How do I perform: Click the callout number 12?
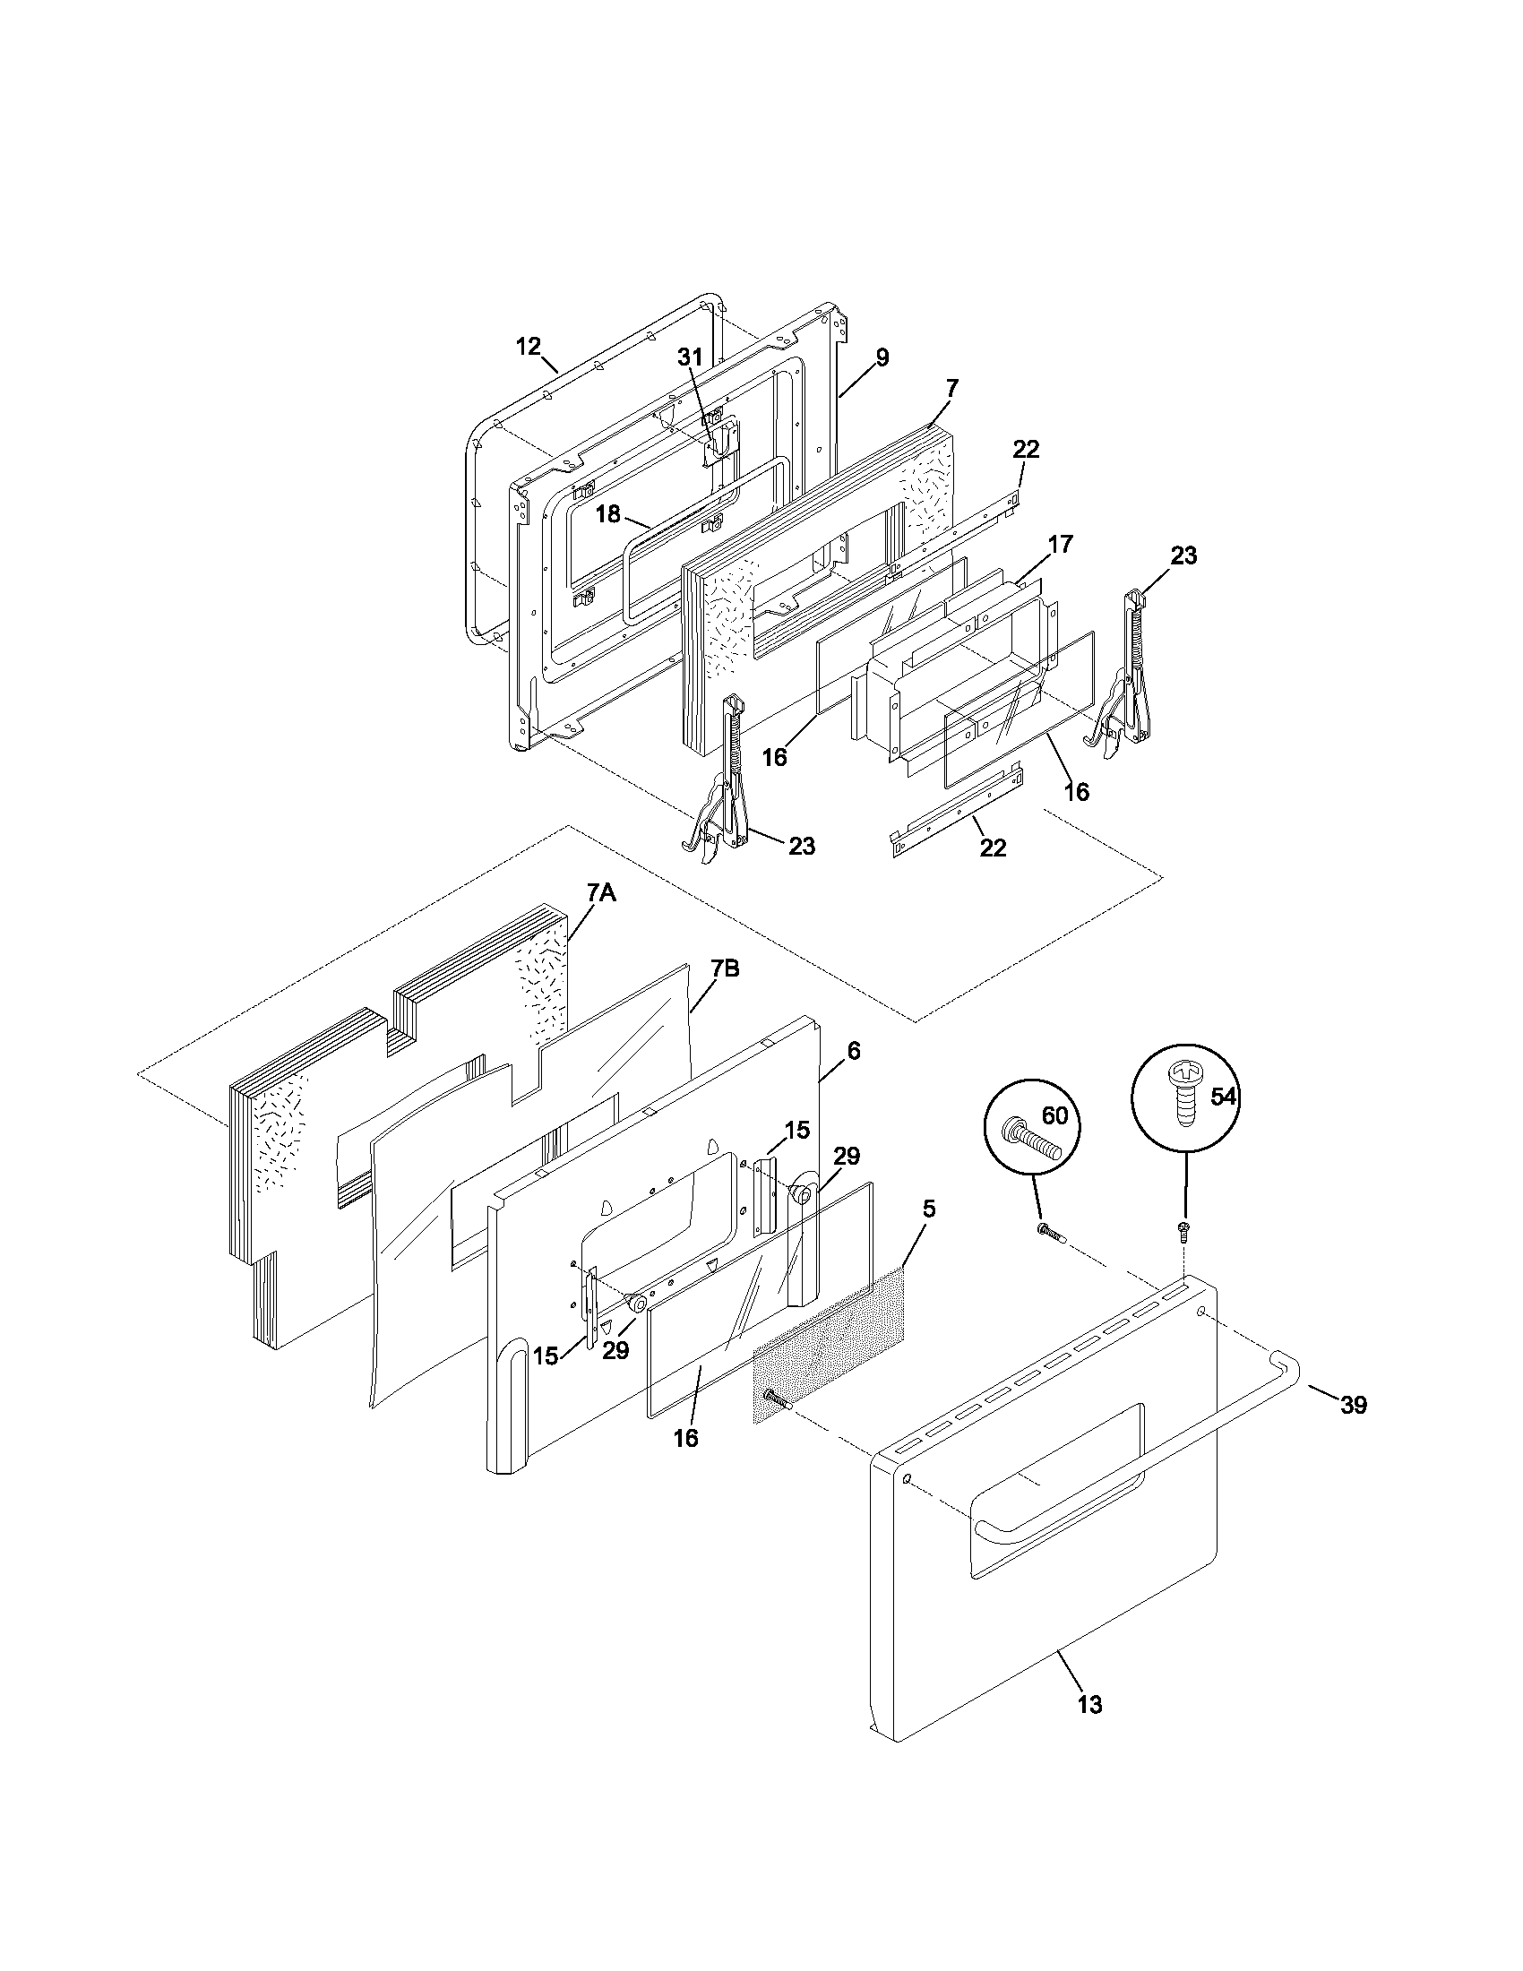click(x=528, y=346)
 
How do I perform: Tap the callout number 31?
click(x=689, y=357)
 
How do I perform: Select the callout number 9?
click(x=882, y=357)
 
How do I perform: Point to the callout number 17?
click(x=1061, y=544)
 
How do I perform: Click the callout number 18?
click(x=608, y=514)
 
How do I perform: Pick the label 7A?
click(x=601, y=893)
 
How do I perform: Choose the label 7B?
click(x=725, y=969)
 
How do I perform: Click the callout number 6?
click(x=854, y=1051)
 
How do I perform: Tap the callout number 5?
click(x=929, y=1209)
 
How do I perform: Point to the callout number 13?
click(x=1090, y=1705)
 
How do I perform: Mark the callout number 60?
click(x=1054, y=1116)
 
